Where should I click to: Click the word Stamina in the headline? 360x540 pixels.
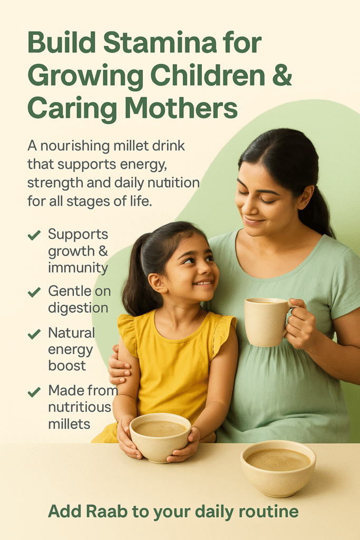point(160,43)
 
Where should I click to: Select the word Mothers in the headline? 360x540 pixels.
point(181,108)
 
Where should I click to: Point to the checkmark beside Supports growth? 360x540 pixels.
point(34,235)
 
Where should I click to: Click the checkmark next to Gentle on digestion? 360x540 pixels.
point(34,292)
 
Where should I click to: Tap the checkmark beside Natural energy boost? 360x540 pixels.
point(34,334)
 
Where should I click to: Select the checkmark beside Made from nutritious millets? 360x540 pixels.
point(34,392)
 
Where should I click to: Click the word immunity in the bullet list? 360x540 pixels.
point(78,268)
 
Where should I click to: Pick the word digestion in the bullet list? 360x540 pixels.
point(78,308)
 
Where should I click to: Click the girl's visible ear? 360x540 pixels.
point(155,283)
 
